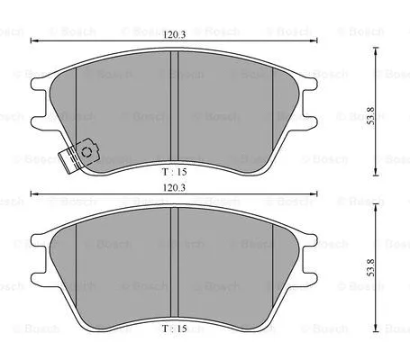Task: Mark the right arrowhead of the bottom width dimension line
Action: click(317, 195)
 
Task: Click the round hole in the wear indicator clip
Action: click(87, 152)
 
